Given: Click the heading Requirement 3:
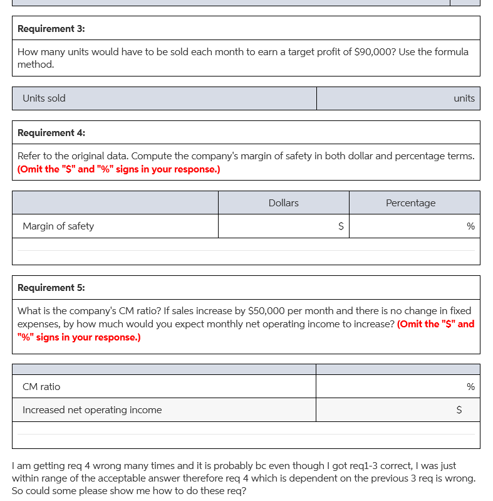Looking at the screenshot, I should click(x=51, y=29).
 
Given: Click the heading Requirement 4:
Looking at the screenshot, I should click(x=51, y=133).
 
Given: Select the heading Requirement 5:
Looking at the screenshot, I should click(x=51, y=288).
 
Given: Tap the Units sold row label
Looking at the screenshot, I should click(x=44, y=98).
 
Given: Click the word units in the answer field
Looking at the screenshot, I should click(x=464, y=98).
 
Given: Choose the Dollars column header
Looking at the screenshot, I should click(x=284, y=203).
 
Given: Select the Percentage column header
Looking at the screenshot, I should click(x=411, y=203).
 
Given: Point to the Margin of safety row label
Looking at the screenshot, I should click(x=58, y=226).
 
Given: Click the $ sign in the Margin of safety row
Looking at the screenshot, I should click(x=341, y=226).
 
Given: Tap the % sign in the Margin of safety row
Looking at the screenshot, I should click(x=470, y=226).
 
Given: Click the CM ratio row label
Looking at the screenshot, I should click(x=41, y=387).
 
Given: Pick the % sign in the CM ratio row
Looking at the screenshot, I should click(x=470, y=387).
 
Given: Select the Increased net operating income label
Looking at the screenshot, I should click(x=92, y=410).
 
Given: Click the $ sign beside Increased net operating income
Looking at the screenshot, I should click(x=459, y=410).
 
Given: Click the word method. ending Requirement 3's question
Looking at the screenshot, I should click(x=36, y=65).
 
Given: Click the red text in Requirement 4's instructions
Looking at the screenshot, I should click(x=119, y=169).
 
